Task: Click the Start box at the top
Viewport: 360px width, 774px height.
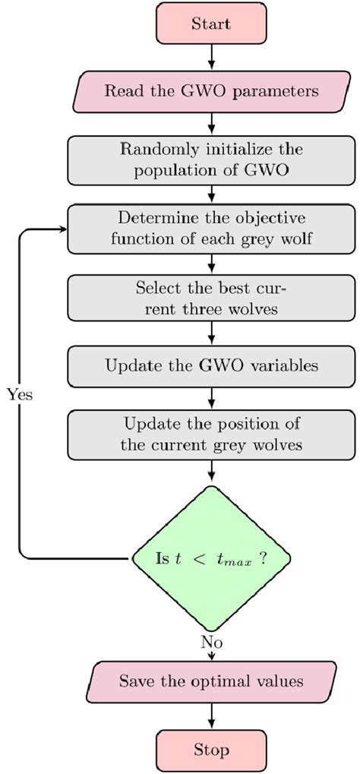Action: coord(211,24)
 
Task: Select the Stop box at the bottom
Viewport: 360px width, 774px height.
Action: coord(211,750)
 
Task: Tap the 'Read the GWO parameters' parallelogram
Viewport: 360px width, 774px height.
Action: coord(211,91)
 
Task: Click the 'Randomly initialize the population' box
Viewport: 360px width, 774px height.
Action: coord(211,159)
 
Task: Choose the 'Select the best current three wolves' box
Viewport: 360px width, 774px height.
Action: coord(211,299)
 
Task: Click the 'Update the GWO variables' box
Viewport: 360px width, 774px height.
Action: coord(211,365)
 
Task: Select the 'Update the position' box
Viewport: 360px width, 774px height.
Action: coord(211,434)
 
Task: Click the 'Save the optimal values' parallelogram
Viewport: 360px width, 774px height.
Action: coord(211,681)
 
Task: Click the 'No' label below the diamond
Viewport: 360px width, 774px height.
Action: coord(211,642)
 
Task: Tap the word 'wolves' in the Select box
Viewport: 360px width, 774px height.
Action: coord(257,309)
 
